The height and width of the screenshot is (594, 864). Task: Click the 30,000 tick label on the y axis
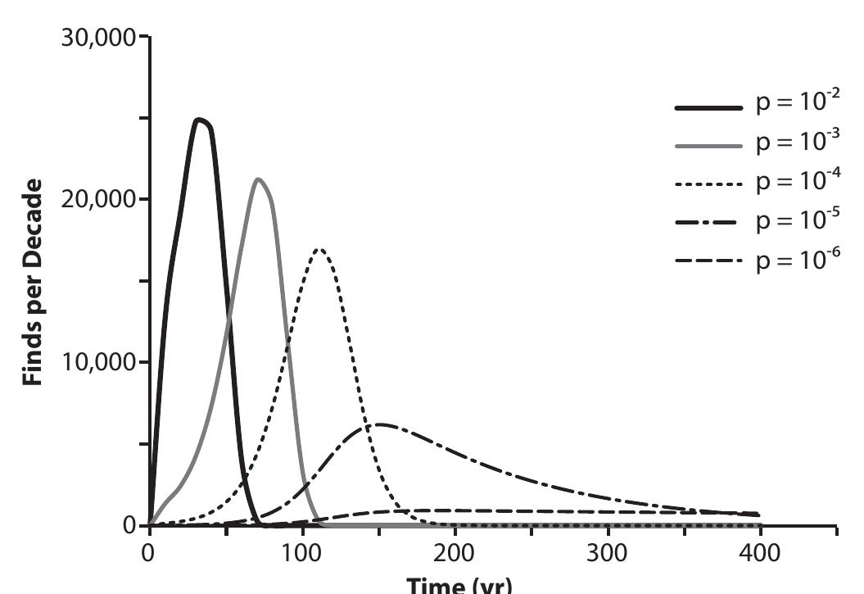click(x=99, y=39)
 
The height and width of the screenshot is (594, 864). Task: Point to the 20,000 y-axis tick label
click(x=99, y=200)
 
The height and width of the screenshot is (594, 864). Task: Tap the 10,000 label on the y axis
click(x=99, y=362)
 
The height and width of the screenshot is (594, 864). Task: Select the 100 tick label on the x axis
click(x=302, y=551)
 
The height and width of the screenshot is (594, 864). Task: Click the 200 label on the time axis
click(x=455, y=551)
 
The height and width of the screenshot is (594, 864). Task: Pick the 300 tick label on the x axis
click(x=608, y=551)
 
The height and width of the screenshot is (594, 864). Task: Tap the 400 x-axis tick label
click(x=762, y=551)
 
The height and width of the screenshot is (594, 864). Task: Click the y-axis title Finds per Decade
click(x=33, y=280)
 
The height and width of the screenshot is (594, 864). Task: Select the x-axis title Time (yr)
click(x=455, y=585)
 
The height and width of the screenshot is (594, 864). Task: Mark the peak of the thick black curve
click(x=198, y=120)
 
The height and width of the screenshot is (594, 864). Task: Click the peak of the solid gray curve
click(x=258, y=179)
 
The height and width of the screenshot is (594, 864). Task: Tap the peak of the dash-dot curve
click(x=379, y=424)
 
